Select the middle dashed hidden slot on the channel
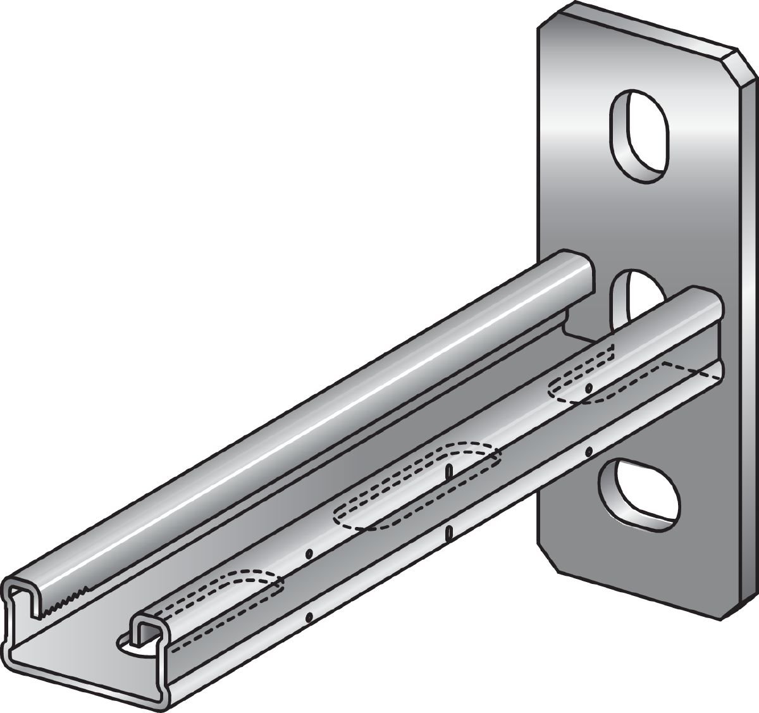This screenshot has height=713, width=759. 417,484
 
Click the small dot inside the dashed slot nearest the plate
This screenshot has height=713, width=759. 588,387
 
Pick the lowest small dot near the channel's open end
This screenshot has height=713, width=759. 309,617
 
